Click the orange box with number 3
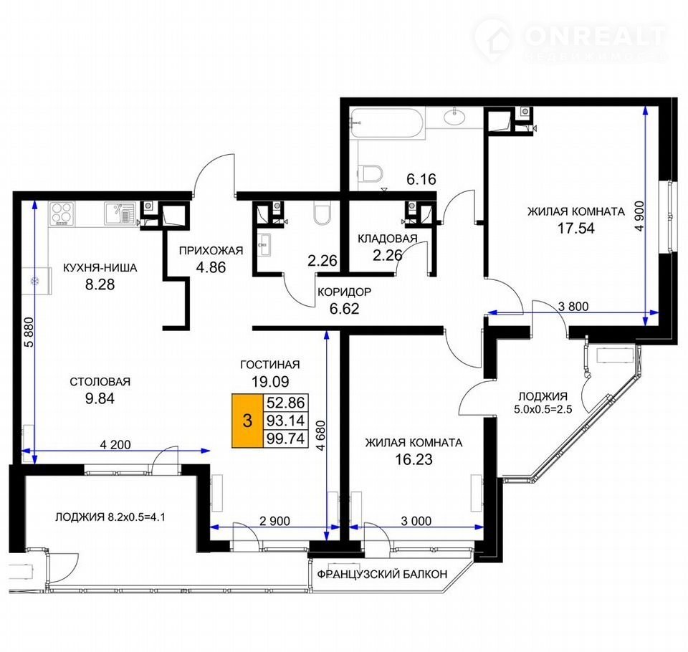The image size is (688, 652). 247,421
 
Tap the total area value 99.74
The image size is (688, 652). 286,438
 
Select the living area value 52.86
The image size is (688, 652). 286,403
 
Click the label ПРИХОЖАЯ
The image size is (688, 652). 211,251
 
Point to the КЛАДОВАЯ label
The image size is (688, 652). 388,239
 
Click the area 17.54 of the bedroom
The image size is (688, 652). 575,228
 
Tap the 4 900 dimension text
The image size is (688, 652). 640,216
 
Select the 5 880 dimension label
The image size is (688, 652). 29,332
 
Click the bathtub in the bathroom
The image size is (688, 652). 388,123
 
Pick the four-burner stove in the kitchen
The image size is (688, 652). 62,214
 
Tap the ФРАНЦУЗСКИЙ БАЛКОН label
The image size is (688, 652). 382,574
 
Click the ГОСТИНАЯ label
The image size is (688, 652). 270,365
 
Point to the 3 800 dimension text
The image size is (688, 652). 573,306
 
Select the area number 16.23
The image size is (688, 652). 414,459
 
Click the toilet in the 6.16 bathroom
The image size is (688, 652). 370,174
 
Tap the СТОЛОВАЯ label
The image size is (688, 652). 100,382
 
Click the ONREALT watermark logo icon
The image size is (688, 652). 494,40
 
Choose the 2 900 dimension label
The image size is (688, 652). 274,521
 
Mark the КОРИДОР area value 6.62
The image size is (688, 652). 345,309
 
